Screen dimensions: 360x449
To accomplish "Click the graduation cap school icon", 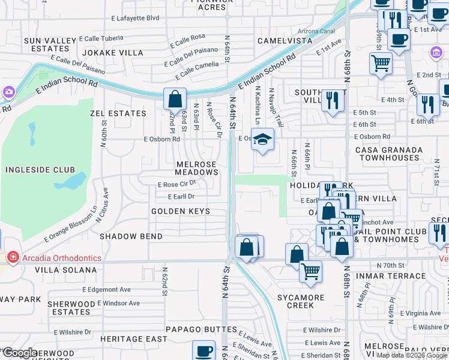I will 262,140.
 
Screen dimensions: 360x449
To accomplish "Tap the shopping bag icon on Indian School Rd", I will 175,98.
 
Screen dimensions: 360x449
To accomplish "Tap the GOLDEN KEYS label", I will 181,211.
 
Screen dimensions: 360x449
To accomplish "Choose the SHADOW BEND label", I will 131,236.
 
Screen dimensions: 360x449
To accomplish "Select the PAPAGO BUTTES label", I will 193,329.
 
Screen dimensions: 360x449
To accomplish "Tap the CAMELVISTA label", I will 285,41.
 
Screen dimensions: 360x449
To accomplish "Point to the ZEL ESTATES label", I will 118,113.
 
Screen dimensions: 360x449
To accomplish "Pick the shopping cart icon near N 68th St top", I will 381,62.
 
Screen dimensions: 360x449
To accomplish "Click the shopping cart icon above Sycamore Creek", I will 311,271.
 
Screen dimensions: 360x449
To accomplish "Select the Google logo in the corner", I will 19,353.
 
